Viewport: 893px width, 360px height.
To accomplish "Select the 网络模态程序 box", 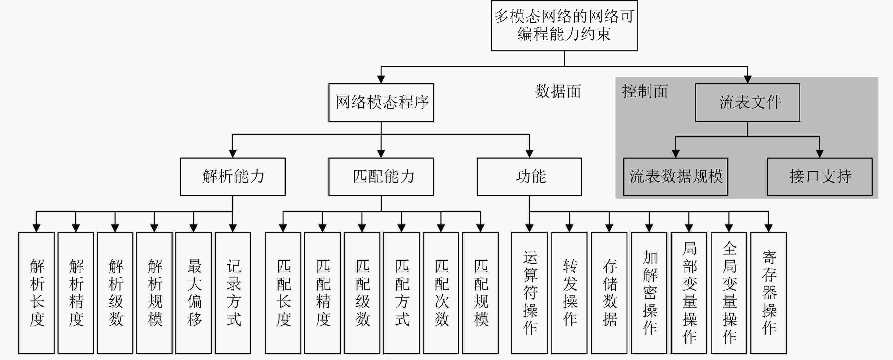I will tap(381, 102).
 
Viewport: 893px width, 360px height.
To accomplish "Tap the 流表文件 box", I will tap(747, 102).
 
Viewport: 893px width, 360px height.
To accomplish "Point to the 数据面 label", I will tap(558, 91).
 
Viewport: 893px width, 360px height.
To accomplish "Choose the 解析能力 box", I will tap(233, 177).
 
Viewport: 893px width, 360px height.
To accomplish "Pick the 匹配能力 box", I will tap(381, 177).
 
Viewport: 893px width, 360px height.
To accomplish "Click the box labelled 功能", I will tap(529, 177).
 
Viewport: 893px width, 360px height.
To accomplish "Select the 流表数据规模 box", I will tap(675, 177).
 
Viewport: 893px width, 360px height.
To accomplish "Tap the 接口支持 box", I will tap(820, 177).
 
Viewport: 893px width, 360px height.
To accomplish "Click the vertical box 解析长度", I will tap(36, 293).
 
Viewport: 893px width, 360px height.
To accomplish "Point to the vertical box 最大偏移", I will tap(193, 293).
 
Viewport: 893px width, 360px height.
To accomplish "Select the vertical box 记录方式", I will tap(233, 293).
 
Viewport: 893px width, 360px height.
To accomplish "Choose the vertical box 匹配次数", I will tap(441, 293).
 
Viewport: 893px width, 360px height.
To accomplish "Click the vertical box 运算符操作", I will tap(529, 293).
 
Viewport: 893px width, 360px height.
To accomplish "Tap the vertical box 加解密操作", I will tap(649, 293).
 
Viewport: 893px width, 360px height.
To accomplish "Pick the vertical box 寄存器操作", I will tap(768, 293).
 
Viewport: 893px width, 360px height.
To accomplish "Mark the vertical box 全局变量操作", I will tap(729, 293).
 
